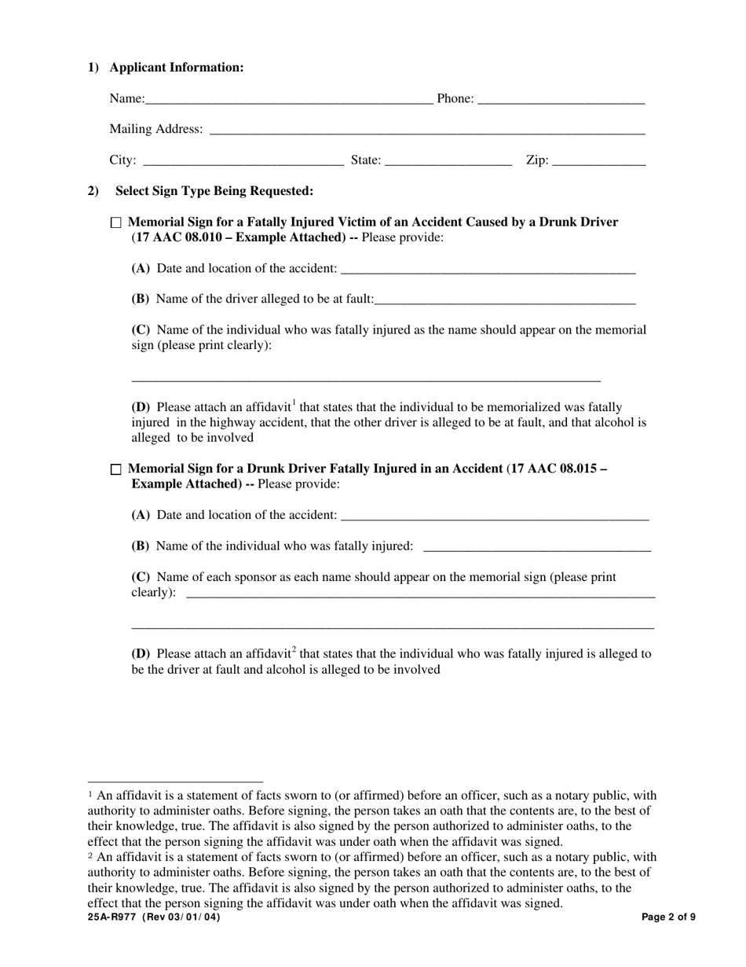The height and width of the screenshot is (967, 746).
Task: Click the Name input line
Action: point(288,100)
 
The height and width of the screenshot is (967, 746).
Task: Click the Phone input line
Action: point(561,100)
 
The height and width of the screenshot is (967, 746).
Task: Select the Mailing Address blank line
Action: point(427,131)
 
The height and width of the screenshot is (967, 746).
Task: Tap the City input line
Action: point(243,161)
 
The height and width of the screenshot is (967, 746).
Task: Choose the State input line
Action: point(448,161)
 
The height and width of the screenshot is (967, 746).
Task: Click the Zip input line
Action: point(598,161)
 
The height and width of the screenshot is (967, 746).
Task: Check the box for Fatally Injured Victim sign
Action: point(116,223)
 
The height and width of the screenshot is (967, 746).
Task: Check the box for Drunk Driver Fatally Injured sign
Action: point(116,469)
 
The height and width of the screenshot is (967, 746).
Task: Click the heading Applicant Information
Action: point(177,68)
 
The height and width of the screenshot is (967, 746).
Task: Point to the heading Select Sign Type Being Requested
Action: point(214,191)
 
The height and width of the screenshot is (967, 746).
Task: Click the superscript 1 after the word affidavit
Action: point(294,404)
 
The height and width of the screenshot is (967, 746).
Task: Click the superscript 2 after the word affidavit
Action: point(294,650)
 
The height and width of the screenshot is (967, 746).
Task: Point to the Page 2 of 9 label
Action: point(668,917)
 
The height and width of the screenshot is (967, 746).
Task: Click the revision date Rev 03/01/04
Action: point(181,917)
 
